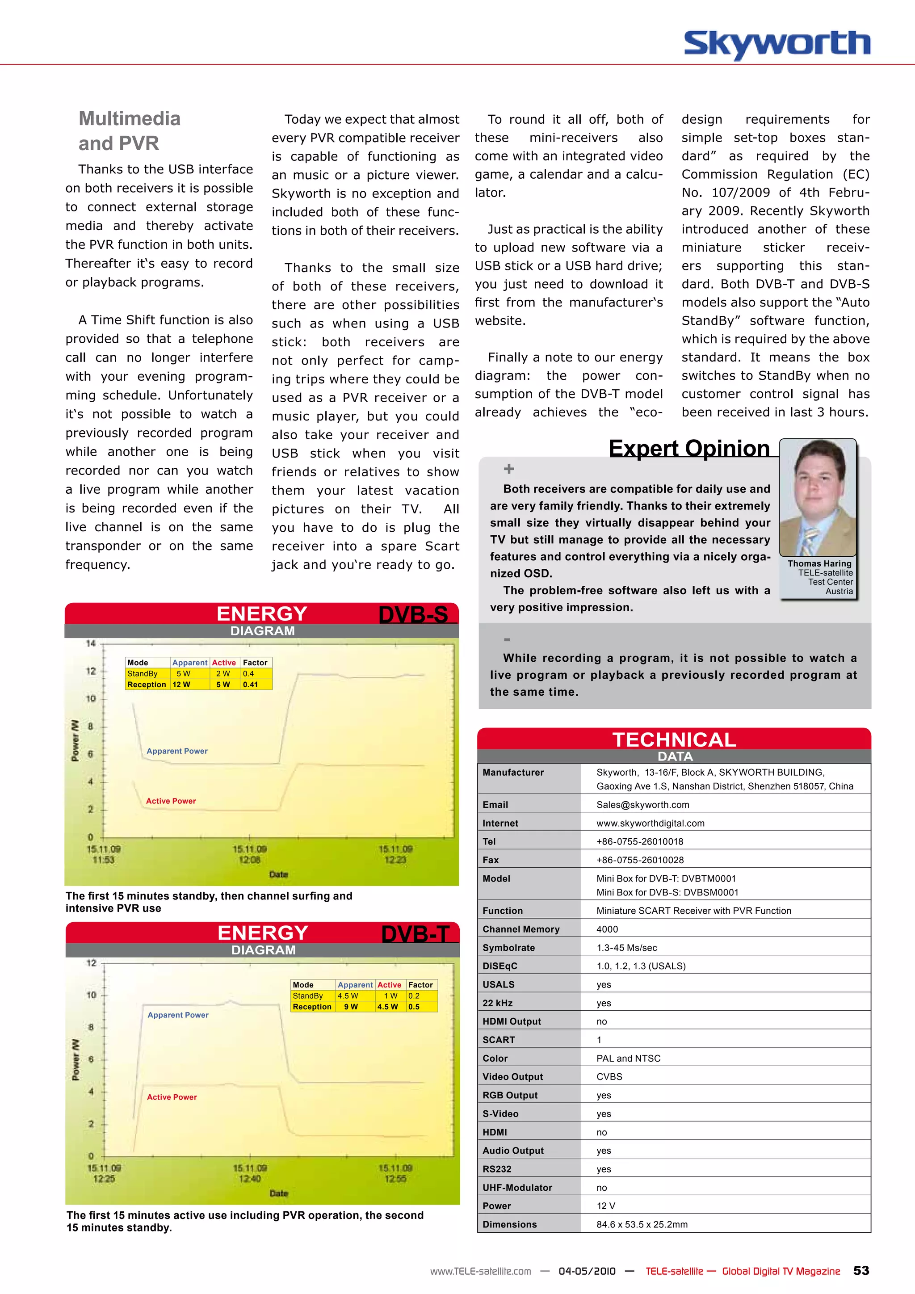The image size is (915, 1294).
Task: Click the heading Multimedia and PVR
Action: click(130, 131)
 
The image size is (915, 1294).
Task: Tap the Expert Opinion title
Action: click(688, 449)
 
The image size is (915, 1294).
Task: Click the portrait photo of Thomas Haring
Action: click(818, 497)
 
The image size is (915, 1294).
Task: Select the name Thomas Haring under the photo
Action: click(819, 563)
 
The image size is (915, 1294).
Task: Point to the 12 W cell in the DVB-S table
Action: click(181, 684)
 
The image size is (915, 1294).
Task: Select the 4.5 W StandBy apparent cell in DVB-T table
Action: click(348, 996)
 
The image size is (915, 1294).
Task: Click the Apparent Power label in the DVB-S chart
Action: click(177, 751)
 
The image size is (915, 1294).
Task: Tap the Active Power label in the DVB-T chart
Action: click(172, 1097)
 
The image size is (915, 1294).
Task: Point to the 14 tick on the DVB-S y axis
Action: click(91, 643)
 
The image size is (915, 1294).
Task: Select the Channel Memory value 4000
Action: click(607, 929)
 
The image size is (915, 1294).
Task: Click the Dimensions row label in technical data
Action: click(509, 1224)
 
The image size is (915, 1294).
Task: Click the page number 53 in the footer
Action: click(860, 1270)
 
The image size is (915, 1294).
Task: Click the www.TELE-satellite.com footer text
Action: click(480, 1272)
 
